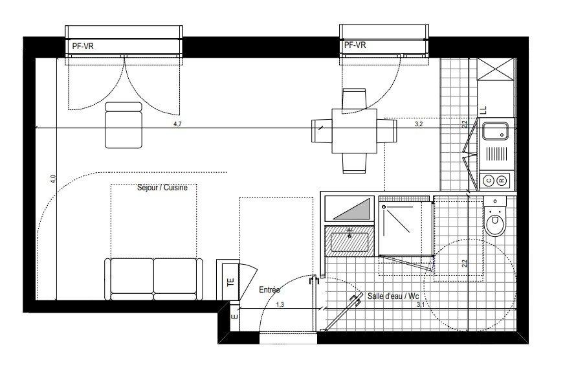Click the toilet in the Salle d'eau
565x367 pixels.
pyautogui.click(x=495, y=216)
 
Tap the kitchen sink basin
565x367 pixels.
pyautogui.click(x=496, y=131)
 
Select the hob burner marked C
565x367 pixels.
pyautogui.click(x=489, y=181)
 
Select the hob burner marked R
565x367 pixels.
pyautogui.click(x=502, y=181)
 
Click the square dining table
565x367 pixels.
pyautogui.click(x=355, y=131)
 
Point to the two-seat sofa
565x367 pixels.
pyautogui.click(x=153, y=279)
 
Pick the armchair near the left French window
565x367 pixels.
pyautogui.click(x=123, y=125)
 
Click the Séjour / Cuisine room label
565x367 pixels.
pyautogui.click(x=162, y=188)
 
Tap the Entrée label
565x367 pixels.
pyautogui.click(x=269, y=289)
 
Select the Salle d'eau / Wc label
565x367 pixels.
pyautogui.click(x=393, y=296)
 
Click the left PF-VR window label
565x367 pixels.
pyautogui.click(x=83, y=46)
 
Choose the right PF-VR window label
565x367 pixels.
pyautogui.click(x=355, y=45)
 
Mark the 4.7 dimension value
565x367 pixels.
pyautogui.click(x=177, y=124)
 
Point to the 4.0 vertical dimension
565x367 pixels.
pyautogui.click(x=53, y=179)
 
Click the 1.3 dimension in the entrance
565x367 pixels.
pyautogui.click(x=280, y=305)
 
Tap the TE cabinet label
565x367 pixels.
pyautogui.click(x=231, y=282)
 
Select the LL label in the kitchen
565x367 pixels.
pyautogui.click(x=483, y=110)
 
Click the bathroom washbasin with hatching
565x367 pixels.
pyautogui.click(x=349, y=241)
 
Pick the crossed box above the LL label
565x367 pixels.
pyautogui.click(x=496, y=69)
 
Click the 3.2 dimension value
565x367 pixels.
pyautogui.click(x=418, y=124)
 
